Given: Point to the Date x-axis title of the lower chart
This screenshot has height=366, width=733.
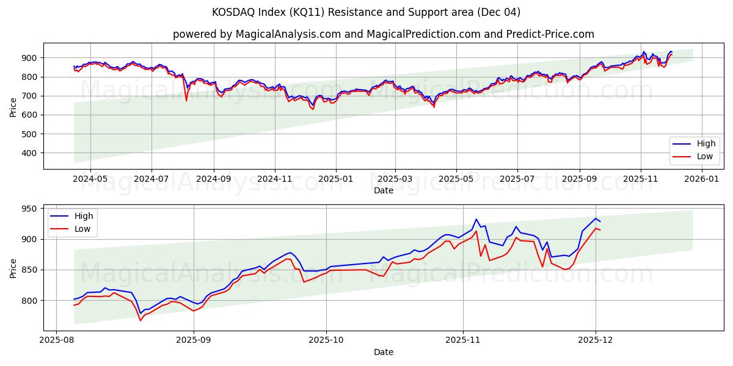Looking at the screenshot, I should [x=384, y=352].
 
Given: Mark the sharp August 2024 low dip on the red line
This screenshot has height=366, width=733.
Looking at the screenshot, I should [x=186, y=100].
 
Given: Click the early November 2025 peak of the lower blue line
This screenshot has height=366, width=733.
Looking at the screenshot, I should [x=476, y=219].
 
